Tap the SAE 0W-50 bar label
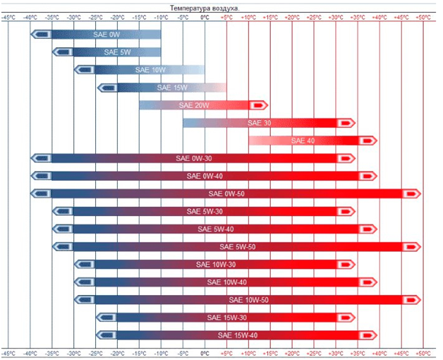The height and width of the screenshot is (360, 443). click(x=226, y=193)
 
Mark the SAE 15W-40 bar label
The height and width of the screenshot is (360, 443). click(x=237, y=335)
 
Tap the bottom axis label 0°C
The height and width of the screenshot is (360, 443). click(x=205, y=352)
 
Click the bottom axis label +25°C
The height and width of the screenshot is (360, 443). click(x=314, y=352)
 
